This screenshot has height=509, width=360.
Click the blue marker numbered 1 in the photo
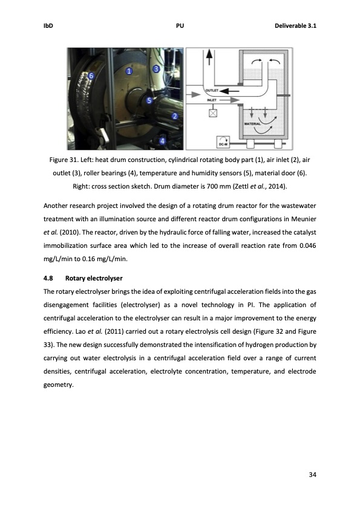(129, 71)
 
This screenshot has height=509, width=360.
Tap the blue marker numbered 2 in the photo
(175, 115)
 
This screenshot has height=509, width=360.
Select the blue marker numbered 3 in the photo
(156, 69)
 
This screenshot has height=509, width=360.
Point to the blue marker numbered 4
(162, 141)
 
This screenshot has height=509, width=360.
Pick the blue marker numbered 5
(149, 101)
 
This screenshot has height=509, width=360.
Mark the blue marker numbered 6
(91, 76)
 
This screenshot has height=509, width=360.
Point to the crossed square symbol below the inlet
(213, 113)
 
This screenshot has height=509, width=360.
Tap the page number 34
(312, 473)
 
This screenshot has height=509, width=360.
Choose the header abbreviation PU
(180, 26)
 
